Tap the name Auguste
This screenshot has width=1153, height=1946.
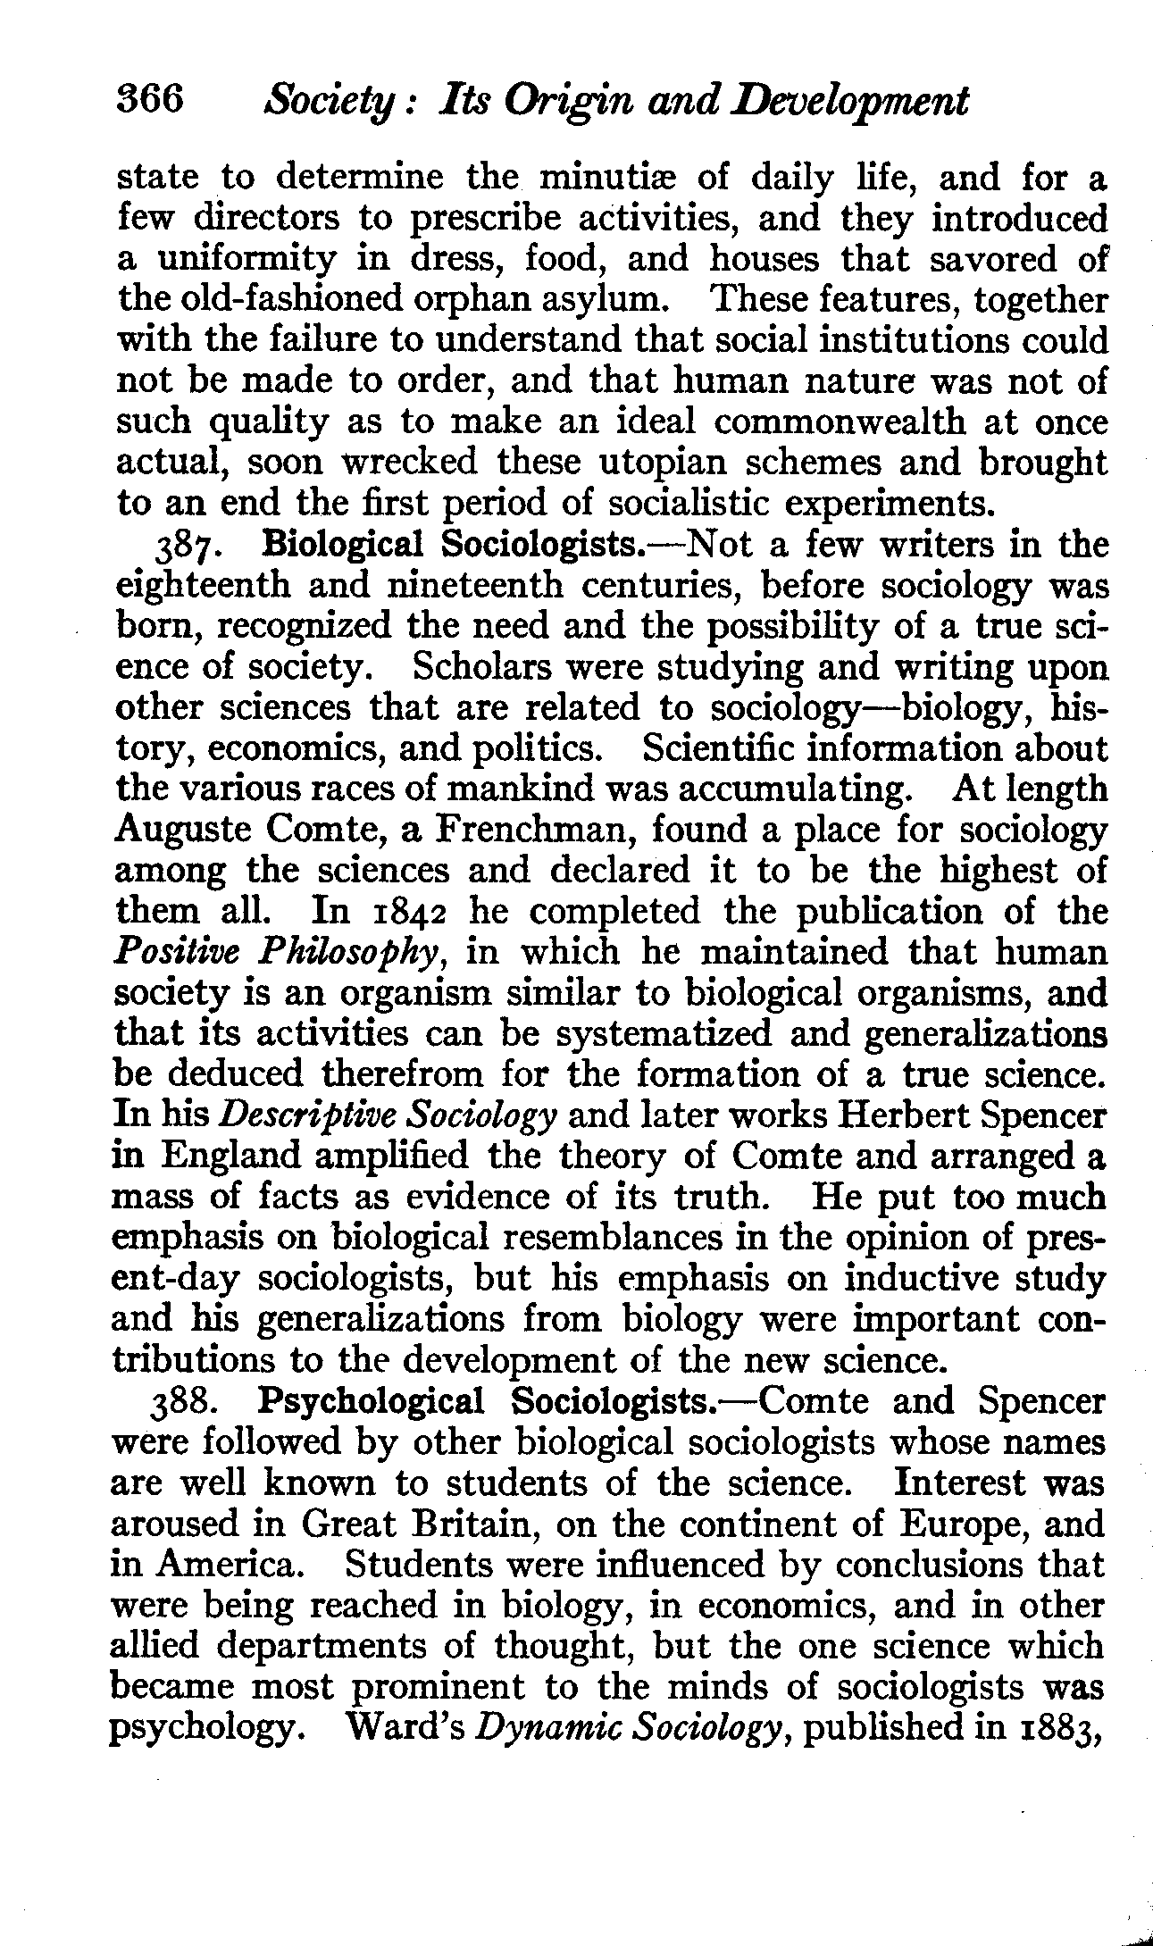184,830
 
